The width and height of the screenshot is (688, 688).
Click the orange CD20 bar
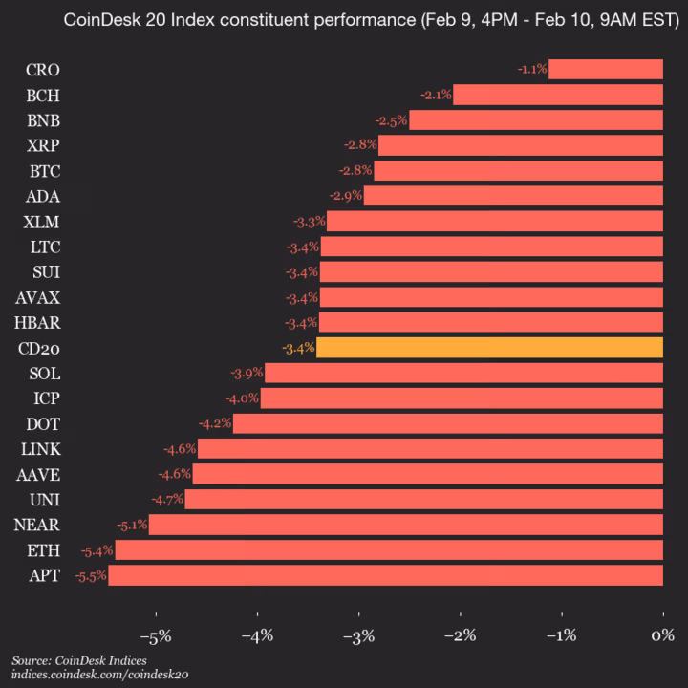click(489, 347)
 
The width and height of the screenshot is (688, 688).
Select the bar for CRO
click(606, 69)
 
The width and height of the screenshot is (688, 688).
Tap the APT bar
click(386, 575)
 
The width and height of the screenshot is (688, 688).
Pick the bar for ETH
click(389, 550)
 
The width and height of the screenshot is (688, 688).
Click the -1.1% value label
click(531, 69)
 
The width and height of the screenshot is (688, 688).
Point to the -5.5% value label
click(92, 575)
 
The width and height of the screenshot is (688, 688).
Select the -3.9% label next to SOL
click(247, 373)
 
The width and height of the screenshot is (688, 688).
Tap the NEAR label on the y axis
click(37, 525)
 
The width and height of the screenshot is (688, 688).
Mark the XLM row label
click(42, 222)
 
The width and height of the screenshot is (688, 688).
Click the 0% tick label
click(661, 635)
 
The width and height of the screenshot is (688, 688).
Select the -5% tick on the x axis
click(155, 635)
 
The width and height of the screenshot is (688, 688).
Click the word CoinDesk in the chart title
click(97, 20)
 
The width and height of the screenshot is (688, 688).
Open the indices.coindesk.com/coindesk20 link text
click(99, 675)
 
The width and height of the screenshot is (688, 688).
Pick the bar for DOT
click(447, 423)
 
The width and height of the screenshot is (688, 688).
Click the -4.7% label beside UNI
click(167, 499)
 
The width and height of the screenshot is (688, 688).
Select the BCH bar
click(558, 95)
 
